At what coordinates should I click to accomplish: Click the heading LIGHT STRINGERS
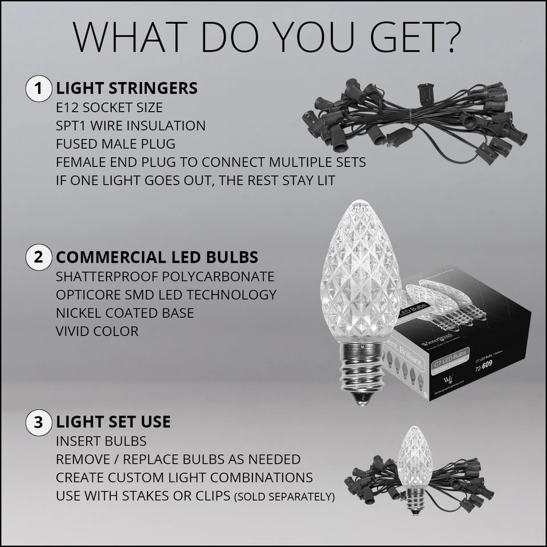coord(126,89)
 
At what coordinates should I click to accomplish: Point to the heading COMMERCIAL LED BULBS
coord(157,257)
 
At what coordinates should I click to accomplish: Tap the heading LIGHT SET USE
coord(113,422)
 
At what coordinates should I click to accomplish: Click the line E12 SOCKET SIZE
coord(109,108)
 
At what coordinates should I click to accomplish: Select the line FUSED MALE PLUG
coord(116,144)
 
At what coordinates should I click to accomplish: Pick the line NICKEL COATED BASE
coord(125,313)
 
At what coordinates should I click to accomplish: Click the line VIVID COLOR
coord(97,331)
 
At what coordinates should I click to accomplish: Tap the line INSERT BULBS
coord(101,441)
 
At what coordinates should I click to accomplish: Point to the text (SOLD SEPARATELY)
coord(284,497)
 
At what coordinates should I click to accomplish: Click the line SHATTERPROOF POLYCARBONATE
coord(165,277)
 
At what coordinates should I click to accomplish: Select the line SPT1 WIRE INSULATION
coord(130,125)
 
